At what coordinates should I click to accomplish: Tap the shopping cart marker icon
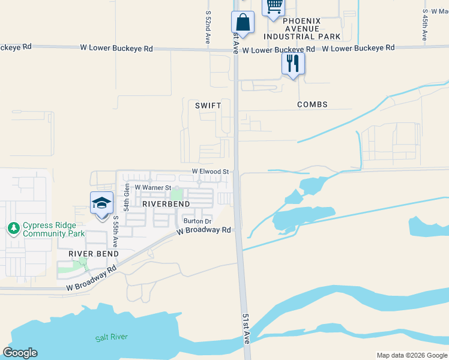pyautogui.click(x=274, y=6)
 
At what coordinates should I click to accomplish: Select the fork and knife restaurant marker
pyautogui.click(x=293, y=63)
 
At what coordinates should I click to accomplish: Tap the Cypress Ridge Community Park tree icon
pyautogui.click(x=13, y=228)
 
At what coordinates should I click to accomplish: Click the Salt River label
pyautogui.click(x=112, y=338)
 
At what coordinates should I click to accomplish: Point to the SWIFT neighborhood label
pyautogui.click(x=208, y=105)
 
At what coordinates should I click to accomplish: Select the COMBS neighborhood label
pyautogui.click(x=312, y=104)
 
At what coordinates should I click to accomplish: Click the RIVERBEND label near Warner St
pyautogui.click(x=166, y=204)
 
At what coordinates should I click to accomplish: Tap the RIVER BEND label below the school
pyautogui.click(x=93, y=254)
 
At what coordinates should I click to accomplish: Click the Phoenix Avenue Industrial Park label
pyautogui.click(x=302, y=29)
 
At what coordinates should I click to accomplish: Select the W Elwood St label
pyautogui.click(x=211, y=172)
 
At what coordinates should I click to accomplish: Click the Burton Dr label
pyautogui.click(x=197, y=221)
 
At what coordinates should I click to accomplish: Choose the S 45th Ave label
pyautogui.click(x=424, y=25)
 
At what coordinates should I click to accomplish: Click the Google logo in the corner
pyautogui.click(x=20, y=353)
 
